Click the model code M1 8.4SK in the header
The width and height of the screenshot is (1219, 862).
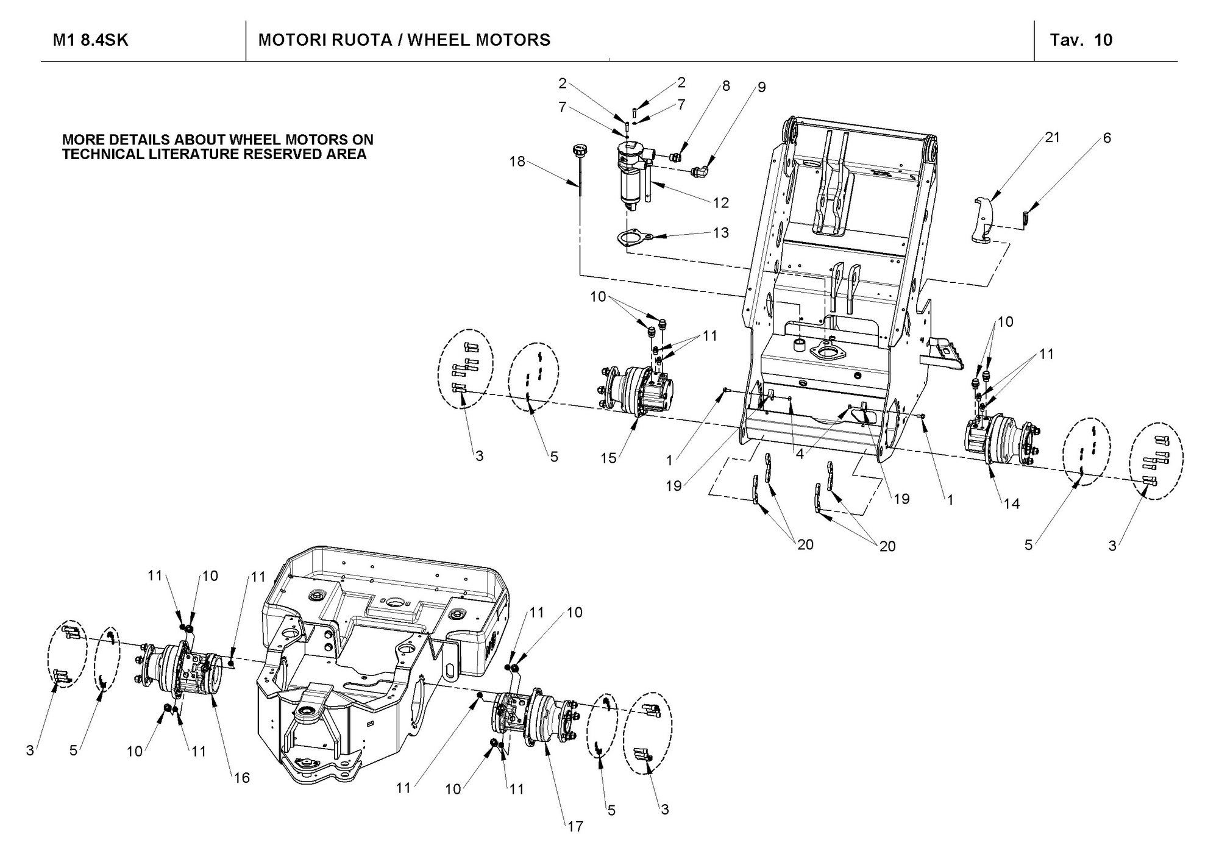pyautogui.click(x=91, y=40)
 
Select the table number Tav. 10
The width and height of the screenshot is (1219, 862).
pyautogui.click(x=1081, y=40)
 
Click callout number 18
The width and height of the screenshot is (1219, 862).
pyautogui.click(x=517, y=163)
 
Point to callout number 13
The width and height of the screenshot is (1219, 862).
pyautogui.click(x=721, y=232)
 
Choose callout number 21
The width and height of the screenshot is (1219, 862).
pyautogui.click(x=1052, y=138)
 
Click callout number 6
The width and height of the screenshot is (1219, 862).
pyautogui.click(x=1107, y=138)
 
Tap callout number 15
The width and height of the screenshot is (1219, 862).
pyautogui.click(x=608, y=458)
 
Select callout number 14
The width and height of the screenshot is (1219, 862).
pyautogui.click(x=1012, y=504)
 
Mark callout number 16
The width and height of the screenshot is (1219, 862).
pyautogui.click(x=242, y=778)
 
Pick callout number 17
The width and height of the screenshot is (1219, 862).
pyautogui.click(x=575, y=827)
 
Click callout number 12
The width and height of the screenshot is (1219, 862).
pyautogui.click(x=721, y=202)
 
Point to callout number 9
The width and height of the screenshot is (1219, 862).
pyautogui.click(x=761, y=87)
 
